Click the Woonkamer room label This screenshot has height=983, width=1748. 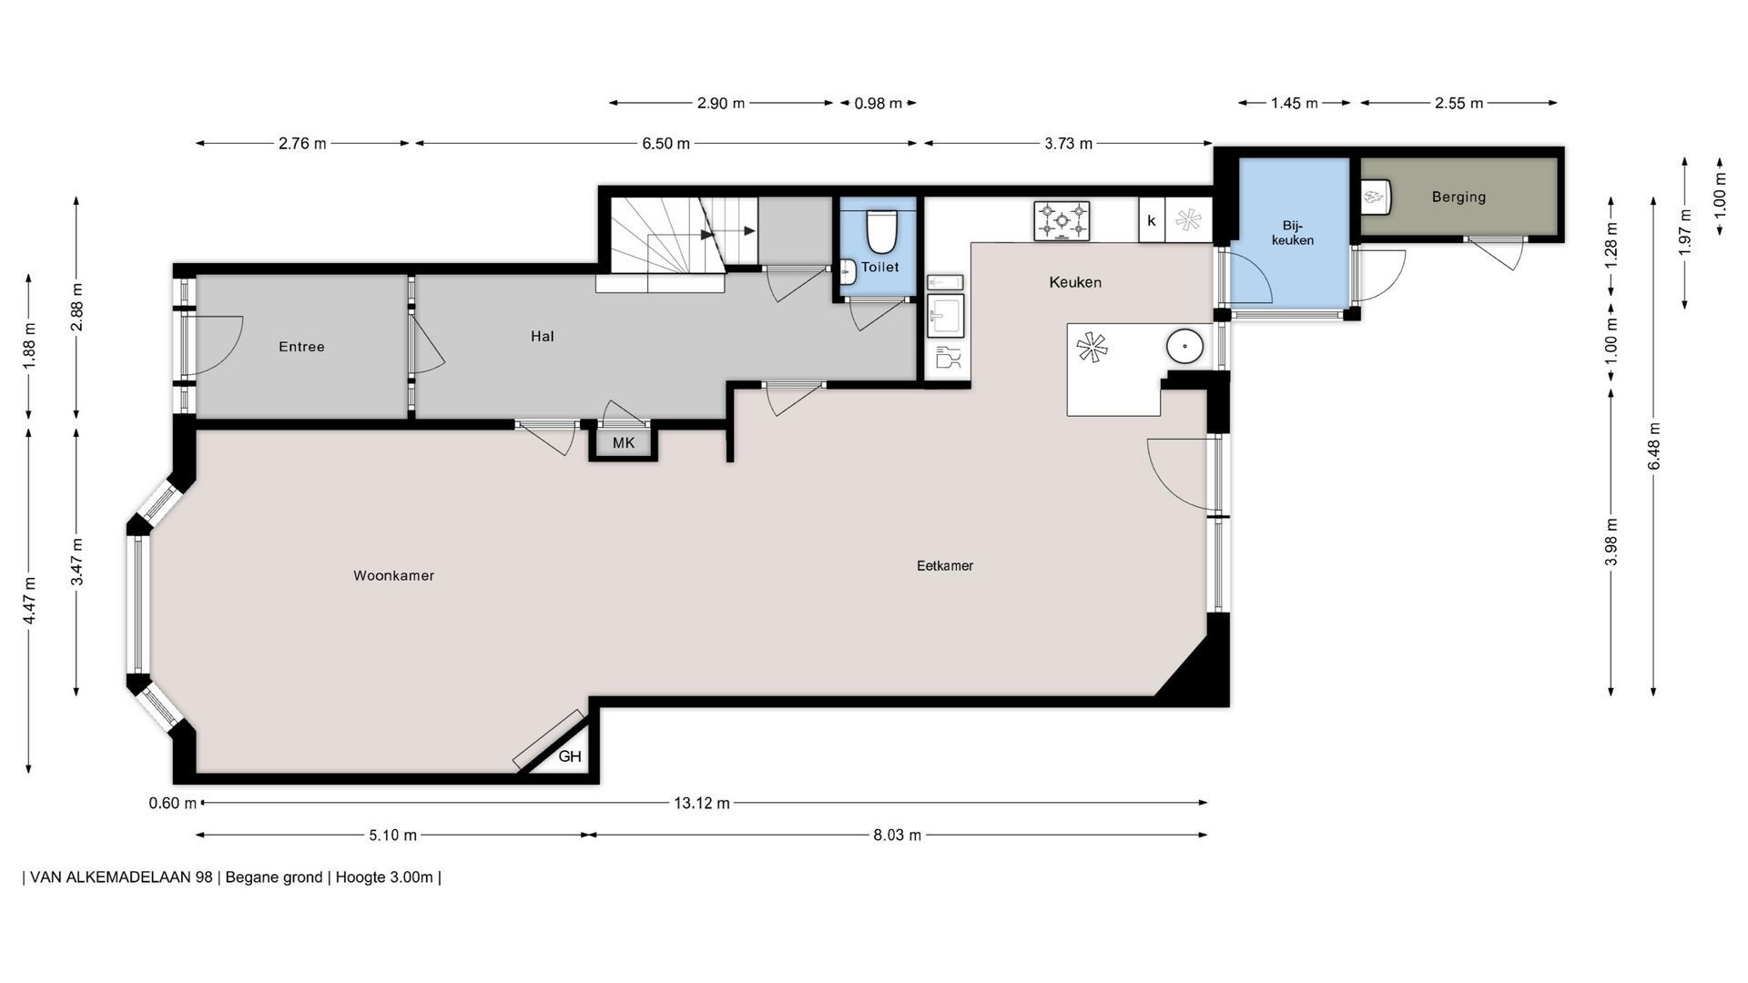click(x=393, y=575)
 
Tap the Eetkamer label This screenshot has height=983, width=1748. click(x=945, y=565)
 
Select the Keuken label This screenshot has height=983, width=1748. click(x=1075, y=282)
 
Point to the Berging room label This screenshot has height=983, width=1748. click(x=1458, y=197)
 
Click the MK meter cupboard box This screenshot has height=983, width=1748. click(x=624, y=443)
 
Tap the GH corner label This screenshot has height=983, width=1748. click(x=570, y=756)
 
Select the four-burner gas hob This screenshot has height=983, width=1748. click(x=1062, y=221)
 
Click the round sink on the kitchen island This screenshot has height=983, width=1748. click(x=1185, y=346)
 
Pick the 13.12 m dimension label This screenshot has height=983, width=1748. click(x=701, y=803)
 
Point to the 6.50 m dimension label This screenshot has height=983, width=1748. click(x=666, y=143)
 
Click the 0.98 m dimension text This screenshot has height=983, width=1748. click(x=878, y=103)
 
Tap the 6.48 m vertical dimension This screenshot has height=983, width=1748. click(x=1654, y=446)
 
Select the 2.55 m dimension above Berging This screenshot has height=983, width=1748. click(x=1458, y=103)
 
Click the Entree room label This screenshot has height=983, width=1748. click(x=301, y=347)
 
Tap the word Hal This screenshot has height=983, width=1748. click(x=543, y=336)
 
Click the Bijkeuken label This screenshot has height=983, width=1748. click(x=1293, y=232)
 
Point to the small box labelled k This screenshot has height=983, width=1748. click(x=1152, y=220)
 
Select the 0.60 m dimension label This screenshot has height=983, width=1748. click(x=173, y=803)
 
